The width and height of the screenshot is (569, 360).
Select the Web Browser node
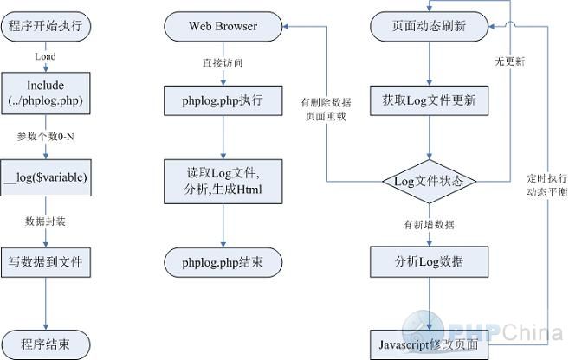[223, 26]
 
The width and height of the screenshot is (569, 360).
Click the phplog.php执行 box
[223, 101]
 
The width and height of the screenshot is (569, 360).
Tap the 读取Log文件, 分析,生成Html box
[223, 181]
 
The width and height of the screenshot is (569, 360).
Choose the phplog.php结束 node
[223, 262]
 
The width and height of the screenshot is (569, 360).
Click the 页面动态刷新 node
[430, 26]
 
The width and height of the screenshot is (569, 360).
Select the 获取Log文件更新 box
[430, 101]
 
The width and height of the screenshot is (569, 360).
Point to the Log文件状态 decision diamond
[430, 182]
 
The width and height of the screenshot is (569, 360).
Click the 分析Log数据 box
[430, 261]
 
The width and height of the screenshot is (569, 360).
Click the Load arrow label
[45, 56]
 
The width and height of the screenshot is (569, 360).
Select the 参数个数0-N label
[45, 136]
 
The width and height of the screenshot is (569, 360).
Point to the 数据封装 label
[45, 221]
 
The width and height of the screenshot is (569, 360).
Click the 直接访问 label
[223, 63]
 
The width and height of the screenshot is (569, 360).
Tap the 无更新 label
[509, 62]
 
